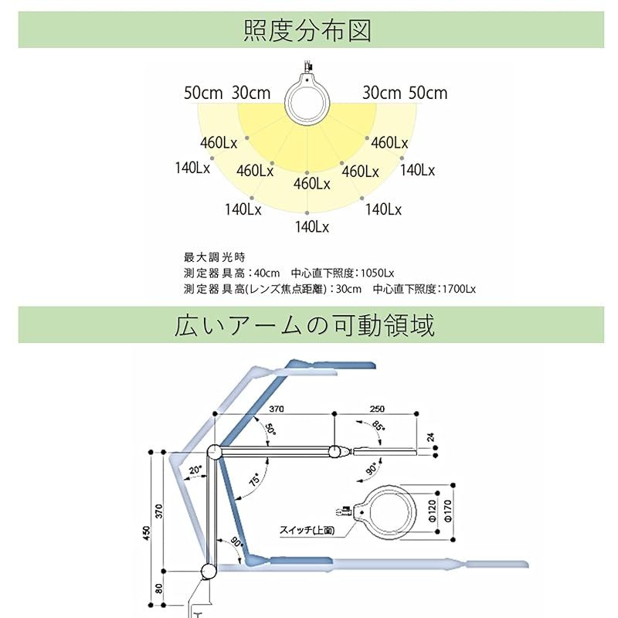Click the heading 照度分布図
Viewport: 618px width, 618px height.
click(x=307, y=31)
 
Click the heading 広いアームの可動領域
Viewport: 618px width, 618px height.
click(x=304, y=325)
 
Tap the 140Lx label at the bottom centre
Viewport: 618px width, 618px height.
click(x=312, y=227)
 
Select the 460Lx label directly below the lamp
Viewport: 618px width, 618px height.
click(x=311, y=184)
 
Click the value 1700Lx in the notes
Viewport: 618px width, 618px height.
click(x=459, y=289)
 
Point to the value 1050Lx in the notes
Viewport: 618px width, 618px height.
click(x=377, y=273)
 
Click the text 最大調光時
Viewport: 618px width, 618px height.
click(x=215, y=257)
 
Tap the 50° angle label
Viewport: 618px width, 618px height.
click(x=270, y=429)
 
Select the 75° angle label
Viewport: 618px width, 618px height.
click(x=255, y=479)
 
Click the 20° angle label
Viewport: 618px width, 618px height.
click(x=195, y=470)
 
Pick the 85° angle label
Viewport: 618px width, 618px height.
click(x=378, y=426)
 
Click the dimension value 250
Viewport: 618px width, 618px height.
click(x=377, y=409)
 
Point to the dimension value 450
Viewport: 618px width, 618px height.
click(x=147, y=533)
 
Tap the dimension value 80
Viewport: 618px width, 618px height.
click(x=158, y=589)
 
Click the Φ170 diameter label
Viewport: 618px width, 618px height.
click(x=448, y=511)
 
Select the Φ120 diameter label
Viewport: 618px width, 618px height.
click(x=432, y=511)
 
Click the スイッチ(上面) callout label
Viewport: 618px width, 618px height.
click(x=307, y=530)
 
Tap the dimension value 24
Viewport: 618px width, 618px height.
click(x=431, y=437)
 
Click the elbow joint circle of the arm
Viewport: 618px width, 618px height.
click(x=214, y=452)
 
